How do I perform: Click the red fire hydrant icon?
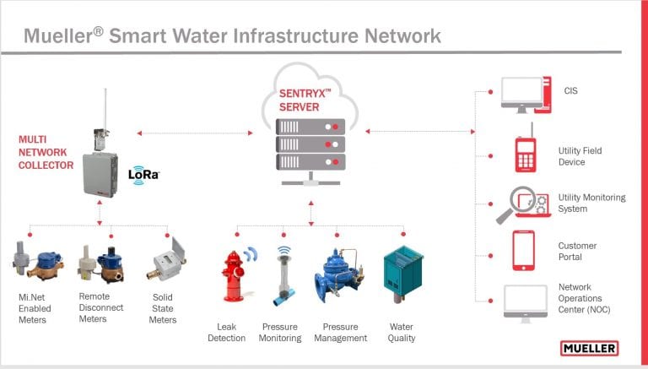(234, 276)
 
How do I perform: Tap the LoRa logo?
(143, 175)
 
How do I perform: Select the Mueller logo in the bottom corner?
(589, 349)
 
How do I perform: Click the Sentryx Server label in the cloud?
(305, 100)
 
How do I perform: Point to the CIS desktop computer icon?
(526, 95)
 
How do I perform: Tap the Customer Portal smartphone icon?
(524, 251)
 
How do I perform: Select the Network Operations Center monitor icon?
(526, 304)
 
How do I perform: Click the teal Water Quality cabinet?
(403, 274)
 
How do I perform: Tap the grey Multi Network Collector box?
(100, 175)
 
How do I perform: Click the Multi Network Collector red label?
(46, 152)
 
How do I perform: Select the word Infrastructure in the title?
(296, 35)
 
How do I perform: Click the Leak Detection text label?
(226, 332)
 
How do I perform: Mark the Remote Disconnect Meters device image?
(101, 264)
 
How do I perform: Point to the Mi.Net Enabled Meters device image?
(38, 261)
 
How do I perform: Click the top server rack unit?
(310, 127)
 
